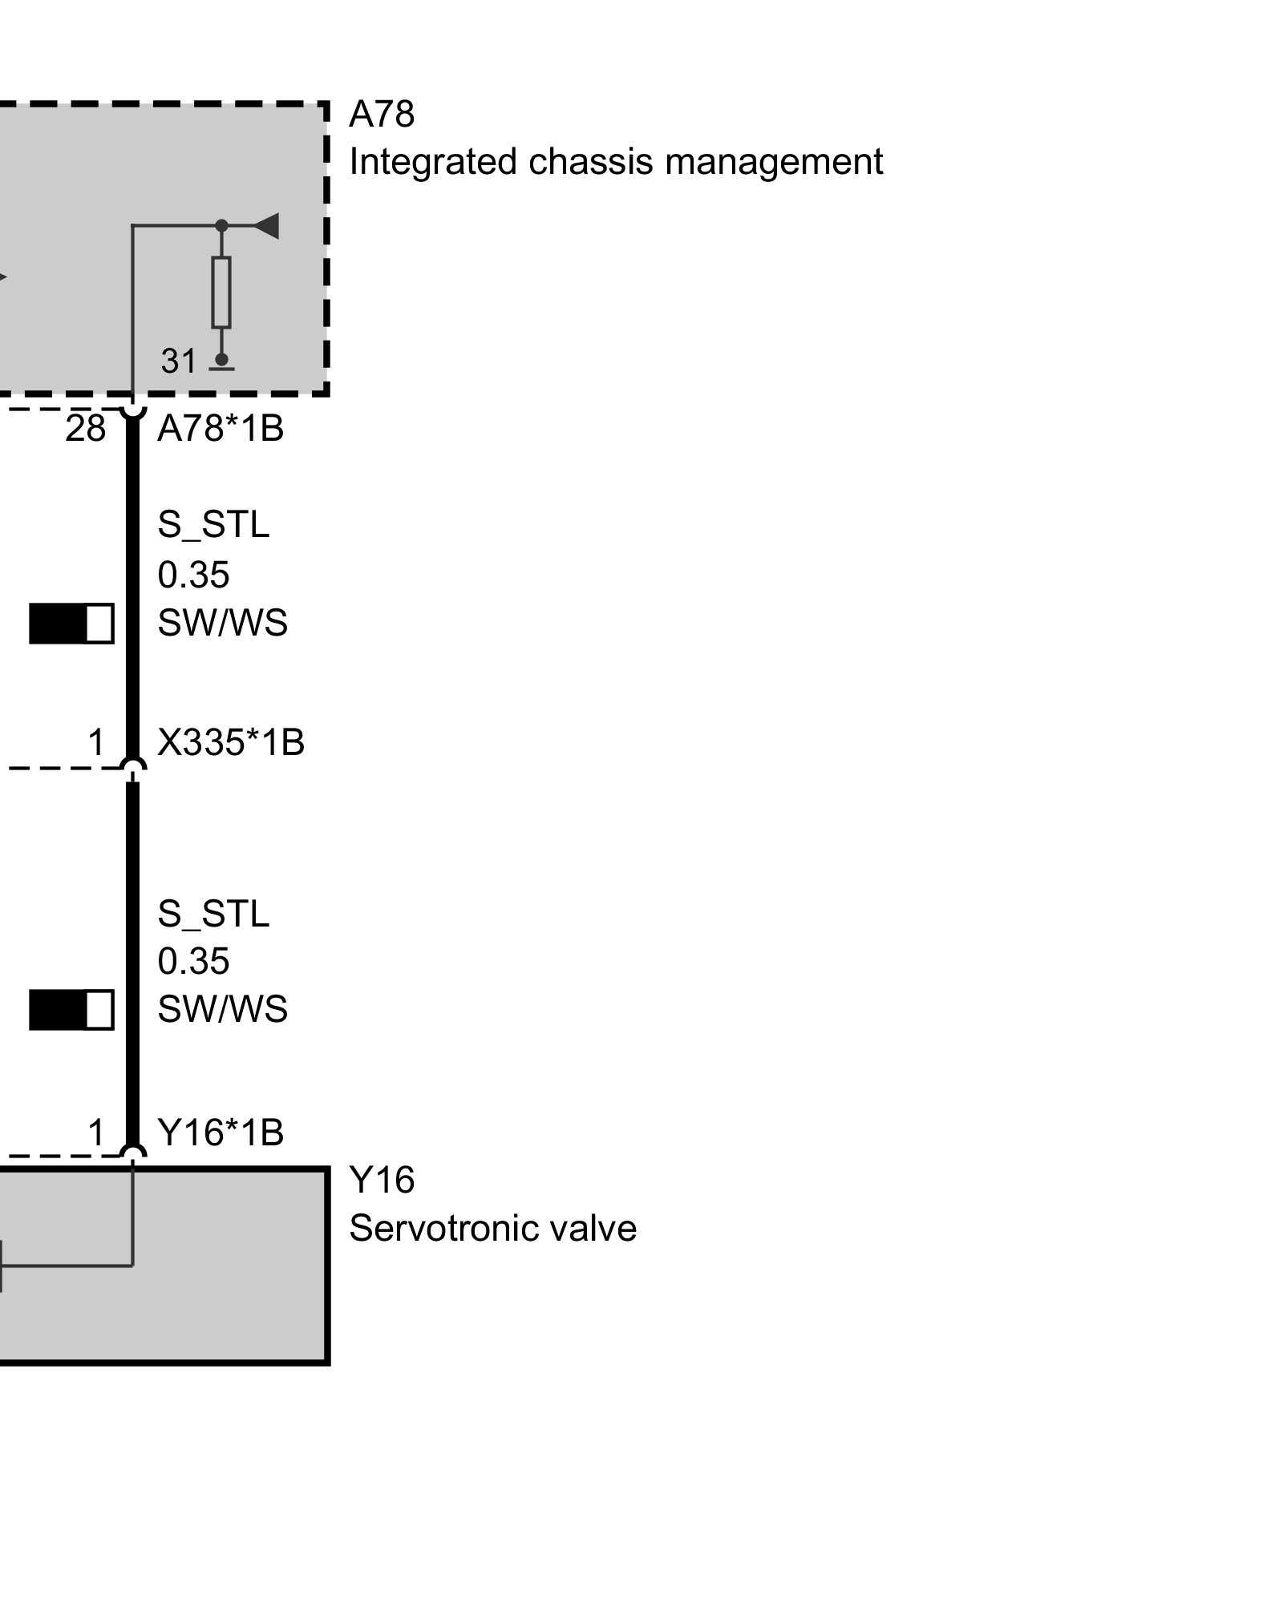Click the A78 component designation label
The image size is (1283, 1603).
point(382,115)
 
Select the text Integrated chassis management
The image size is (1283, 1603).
point(616,162)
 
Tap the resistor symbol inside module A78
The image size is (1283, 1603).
point(221,292)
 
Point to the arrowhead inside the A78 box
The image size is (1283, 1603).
point(266,226)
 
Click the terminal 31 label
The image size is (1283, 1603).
point(178,361)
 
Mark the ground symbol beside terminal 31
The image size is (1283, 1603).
point(221,365)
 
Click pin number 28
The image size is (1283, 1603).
point(86,430)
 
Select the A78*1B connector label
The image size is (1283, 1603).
point(221,430)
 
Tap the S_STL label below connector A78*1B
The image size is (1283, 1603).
point(213,525)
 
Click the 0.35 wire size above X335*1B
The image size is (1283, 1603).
point(193,575)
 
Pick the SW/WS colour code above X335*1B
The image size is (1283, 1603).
point(222,624)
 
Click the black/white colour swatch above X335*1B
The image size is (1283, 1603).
point(71,624)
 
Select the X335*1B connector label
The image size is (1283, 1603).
point(231,743)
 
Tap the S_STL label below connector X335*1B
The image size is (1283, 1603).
point(213,914)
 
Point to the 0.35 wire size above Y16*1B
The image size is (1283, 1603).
point(193,961)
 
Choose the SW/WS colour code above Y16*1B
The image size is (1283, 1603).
point(222,1009)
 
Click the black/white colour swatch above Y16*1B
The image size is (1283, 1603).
point(71,1010)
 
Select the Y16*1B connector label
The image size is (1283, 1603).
point(221,1133)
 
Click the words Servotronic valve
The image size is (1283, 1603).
point(492,1229)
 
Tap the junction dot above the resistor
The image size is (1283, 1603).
point(222,226)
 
